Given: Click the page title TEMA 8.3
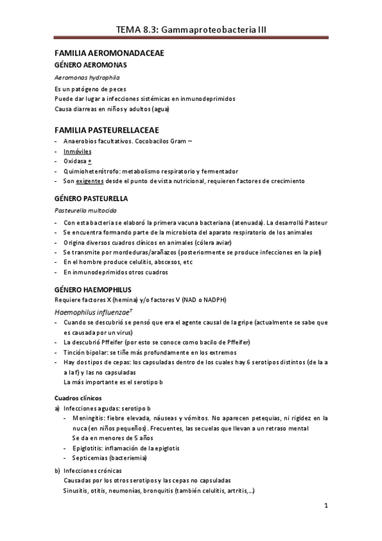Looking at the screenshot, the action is pyautogui.click(x=191, y=29).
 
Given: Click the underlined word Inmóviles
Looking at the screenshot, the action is pyautogui.click(x=78, y=151).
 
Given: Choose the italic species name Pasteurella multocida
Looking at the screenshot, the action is pyautogui.click(x=88, y=210).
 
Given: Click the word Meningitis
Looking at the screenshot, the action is pyautogui.click(x=89, y=419).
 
